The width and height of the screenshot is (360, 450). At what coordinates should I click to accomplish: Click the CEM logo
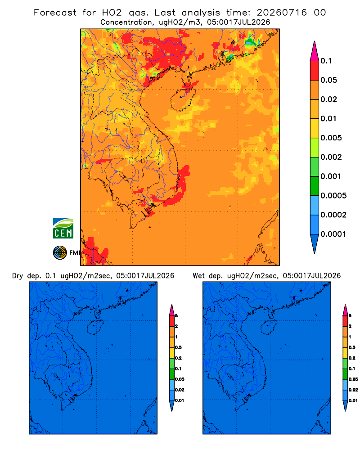tap(63, 229)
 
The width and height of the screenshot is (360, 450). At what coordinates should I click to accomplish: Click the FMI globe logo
tap(60, 253)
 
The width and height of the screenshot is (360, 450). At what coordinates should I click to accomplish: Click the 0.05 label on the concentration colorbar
tap(328, 80)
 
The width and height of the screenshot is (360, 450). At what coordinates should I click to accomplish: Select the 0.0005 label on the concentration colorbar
tap(333, 196)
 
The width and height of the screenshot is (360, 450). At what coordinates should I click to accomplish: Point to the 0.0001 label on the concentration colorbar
tap(333, 234)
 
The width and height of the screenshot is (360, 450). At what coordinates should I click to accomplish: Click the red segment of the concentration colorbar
tap(315, 71)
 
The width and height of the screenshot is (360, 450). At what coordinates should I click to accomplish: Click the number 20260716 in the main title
tap(282, 13)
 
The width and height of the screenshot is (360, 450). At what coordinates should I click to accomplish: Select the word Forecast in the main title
tap(55, 13)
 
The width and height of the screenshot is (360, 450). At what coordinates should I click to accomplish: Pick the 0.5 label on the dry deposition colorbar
tap(178, 347)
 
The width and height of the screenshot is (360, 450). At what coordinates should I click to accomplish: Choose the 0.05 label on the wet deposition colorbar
tap(353, 379)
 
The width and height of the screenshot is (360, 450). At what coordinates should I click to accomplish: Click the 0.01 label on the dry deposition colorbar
tap(180, 400)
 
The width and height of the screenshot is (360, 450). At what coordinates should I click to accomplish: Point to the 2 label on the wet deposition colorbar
tap(350, 326)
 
